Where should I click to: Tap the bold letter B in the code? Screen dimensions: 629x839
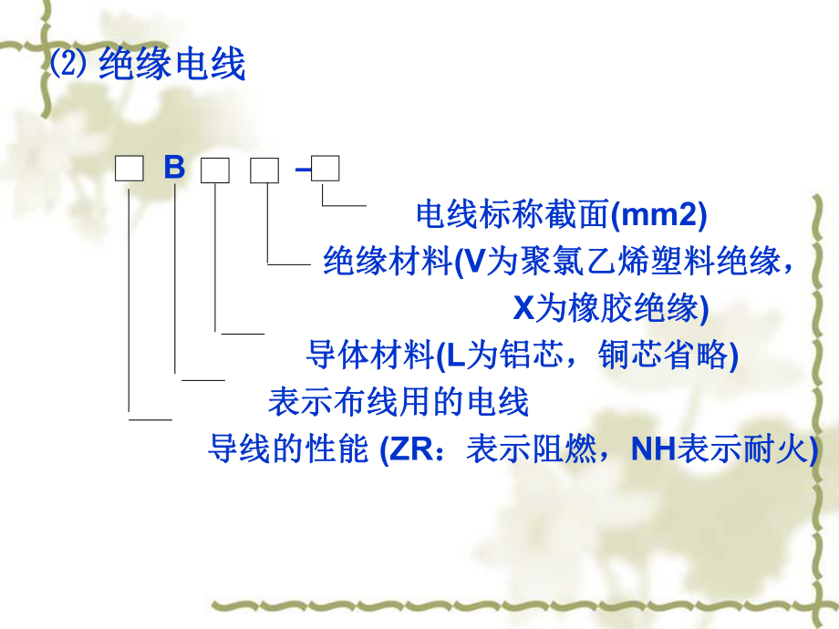(174, 170)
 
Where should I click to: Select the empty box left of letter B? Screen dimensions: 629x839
(129, 169)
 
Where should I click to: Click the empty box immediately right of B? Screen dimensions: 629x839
(214, 170)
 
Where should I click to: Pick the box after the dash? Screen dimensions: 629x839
(326, 169)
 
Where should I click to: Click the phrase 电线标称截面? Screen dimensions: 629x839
(511, 214)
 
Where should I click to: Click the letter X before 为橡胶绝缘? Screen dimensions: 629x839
(523, 308)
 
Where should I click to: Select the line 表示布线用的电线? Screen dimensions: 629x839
(399, 400)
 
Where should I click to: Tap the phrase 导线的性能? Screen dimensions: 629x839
(288, 448)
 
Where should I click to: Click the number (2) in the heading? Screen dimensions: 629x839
(67, 66)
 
